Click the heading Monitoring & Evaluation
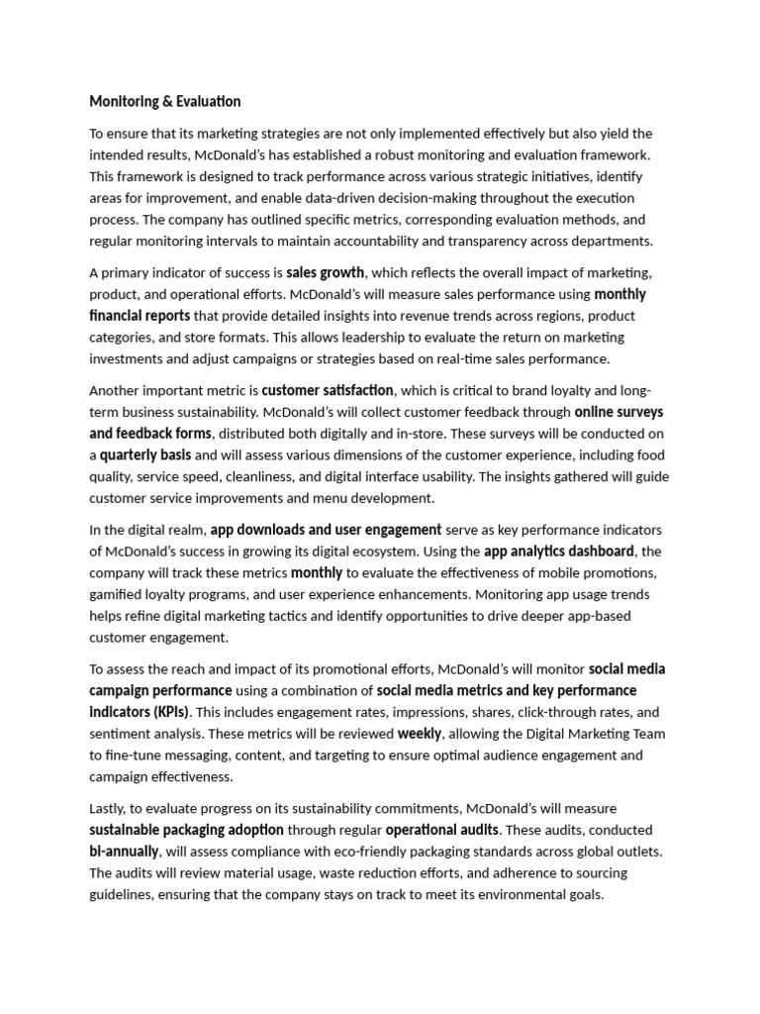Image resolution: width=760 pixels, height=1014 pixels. coord(164,101)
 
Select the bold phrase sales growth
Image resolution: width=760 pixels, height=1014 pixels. coord(326,272)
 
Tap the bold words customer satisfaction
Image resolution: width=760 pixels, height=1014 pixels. coord(328,390)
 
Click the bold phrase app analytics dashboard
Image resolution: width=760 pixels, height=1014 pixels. coord(558,551)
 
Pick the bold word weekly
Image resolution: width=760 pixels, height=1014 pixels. coord(420,734)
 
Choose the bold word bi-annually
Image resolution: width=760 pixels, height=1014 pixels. coord(124,852)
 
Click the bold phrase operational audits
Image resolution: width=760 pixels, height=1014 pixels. coord(441,830)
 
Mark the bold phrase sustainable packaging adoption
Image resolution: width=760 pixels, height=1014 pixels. coord(186,830)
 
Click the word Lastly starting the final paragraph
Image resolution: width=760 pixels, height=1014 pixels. coord(109,808)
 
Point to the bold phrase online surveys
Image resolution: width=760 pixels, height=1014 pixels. coord(618,412)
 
